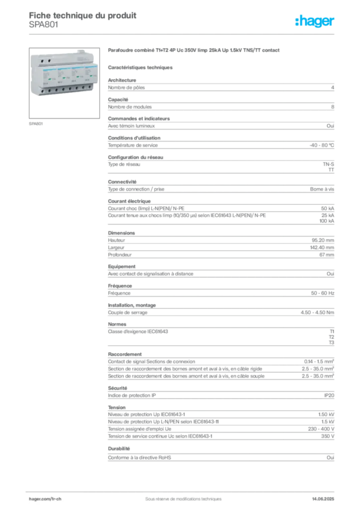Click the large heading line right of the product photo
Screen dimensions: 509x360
pyautogui.click(x=194, y=51)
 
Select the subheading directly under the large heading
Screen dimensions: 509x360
pyautogui.click(x=141, y=67)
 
